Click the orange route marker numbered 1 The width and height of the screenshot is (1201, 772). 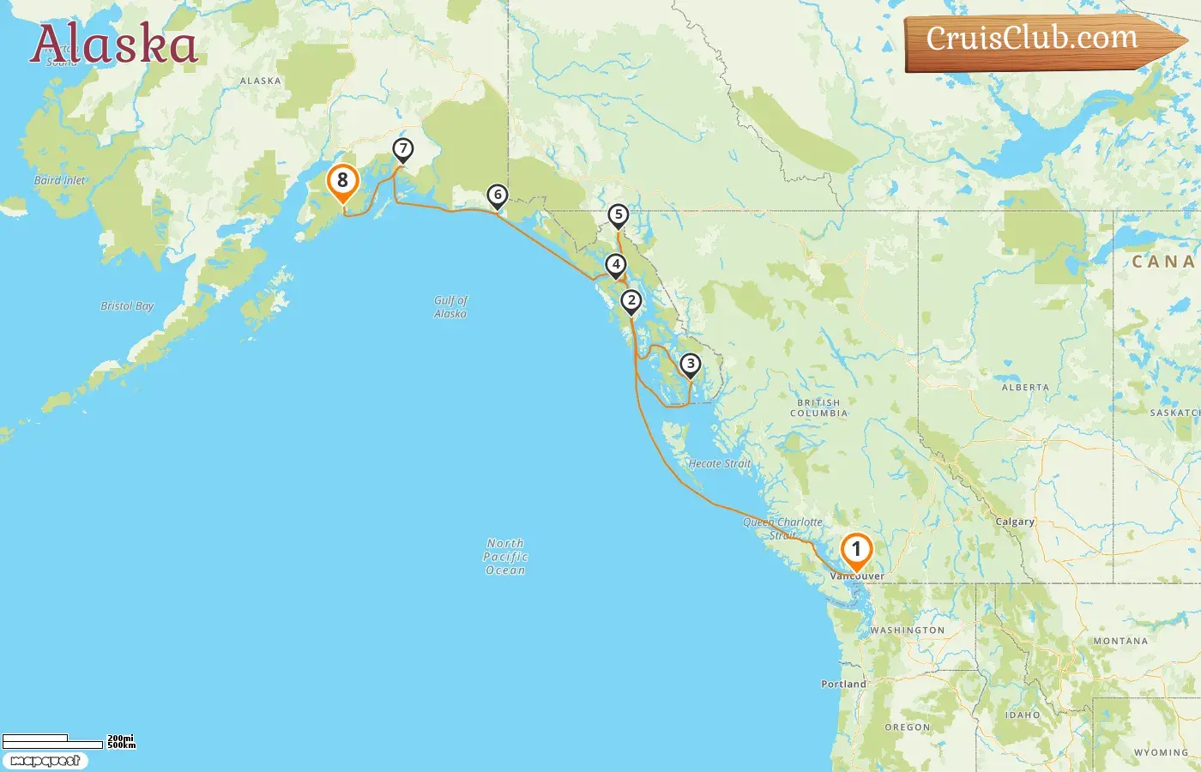[x=856, y=551]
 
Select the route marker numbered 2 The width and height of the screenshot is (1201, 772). [x=631, y=301]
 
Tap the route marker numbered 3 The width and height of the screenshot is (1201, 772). [x=691, y=365]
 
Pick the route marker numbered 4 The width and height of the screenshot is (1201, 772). [x=615, y=265]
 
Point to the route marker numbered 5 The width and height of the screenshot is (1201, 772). [x=619, y=215]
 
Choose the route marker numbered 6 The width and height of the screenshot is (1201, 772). [x=498, y=196]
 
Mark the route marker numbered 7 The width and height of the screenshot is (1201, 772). [x=403, y=149]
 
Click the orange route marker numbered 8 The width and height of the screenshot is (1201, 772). [x=343, y=181]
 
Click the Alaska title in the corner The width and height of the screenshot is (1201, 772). [x=114, y=45]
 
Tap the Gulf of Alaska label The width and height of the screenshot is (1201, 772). [x=450, y=307]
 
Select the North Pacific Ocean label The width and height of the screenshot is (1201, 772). [x=505, y=557]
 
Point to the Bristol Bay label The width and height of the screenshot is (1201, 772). [x=127, y=306]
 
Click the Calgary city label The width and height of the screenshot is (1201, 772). [x=1015, y=522]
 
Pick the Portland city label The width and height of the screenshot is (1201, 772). [x=843, y=685]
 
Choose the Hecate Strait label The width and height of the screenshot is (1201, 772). [x=720, y=464]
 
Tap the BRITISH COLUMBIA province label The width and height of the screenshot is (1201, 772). [x=818, y=407]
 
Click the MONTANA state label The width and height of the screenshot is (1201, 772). [x=1120, y=641]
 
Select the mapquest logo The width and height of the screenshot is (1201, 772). [x=45, y=761]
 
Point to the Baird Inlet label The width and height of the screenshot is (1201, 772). [x=60, y=180]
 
